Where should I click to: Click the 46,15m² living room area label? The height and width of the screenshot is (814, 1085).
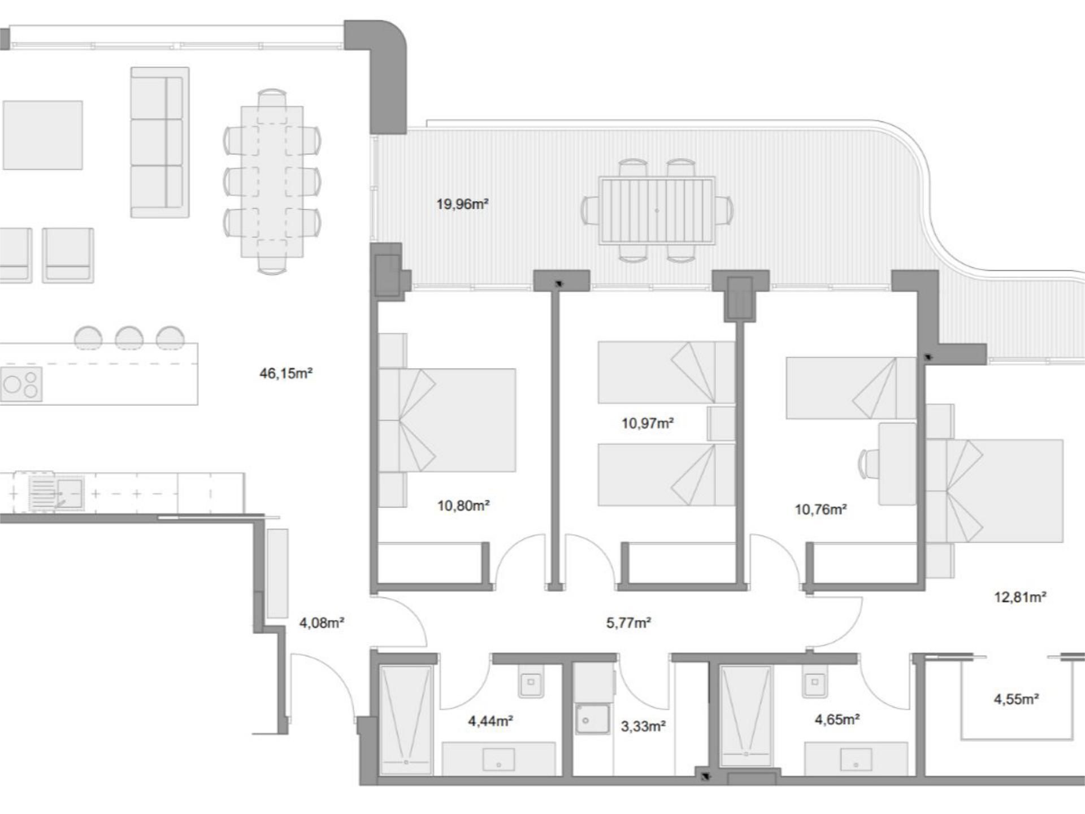[x=286, y=373]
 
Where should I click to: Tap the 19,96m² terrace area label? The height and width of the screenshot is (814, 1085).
[x=462, y=204]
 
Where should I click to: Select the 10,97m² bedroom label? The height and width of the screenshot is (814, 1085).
[x=648, y=423]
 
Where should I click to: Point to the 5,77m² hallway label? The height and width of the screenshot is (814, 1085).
[x=628, y=623]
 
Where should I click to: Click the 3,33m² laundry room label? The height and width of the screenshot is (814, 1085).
[x=643, y=726]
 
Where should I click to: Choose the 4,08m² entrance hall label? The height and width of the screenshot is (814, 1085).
[x=322, y=623]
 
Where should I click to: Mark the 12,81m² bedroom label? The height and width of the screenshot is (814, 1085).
[x=1020, y=597]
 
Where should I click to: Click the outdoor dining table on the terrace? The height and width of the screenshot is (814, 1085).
[x=657, y=211]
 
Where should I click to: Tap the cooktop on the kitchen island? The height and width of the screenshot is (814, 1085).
[x=21, y=384]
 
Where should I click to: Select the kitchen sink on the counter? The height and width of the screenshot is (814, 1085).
[x=57, y=493]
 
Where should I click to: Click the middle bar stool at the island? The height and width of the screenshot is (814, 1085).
[x=129, y=337]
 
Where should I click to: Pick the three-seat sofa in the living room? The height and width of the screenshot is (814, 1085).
[x=160, y=142]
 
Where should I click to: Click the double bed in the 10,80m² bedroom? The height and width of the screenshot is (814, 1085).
[x=447, y=420]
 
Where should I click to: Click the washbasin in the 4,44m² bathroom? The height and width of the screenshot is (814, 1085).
[x=498, y=759]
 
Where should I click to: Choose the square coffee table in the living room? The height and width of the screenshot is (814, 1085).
[x=43, y=135]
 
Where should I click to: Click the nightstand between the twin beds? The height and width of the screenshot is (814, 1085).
[x=721, y=423]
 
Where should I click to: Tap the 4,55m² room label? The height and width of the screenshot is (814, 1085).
[x=1016, y=699]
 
